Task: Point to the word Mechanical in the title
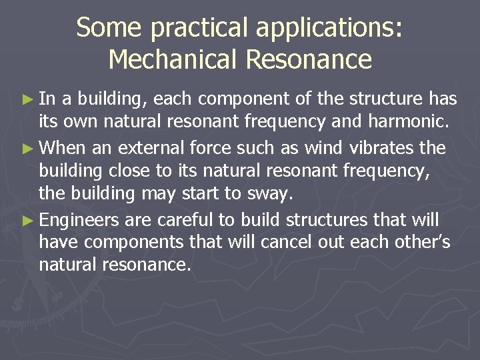pyautogui.click(x=173, y=59)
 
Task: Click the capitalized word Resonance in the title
pyautogui.click(x=309, y=59)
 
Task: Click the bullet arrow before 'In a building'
pyautogui.click(x=27, y=100)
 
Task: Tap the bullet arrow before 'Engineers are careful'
pyautogui.click(x=27, y=220)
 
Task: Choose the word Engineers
pyautogui.click(x=79, y=221)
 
